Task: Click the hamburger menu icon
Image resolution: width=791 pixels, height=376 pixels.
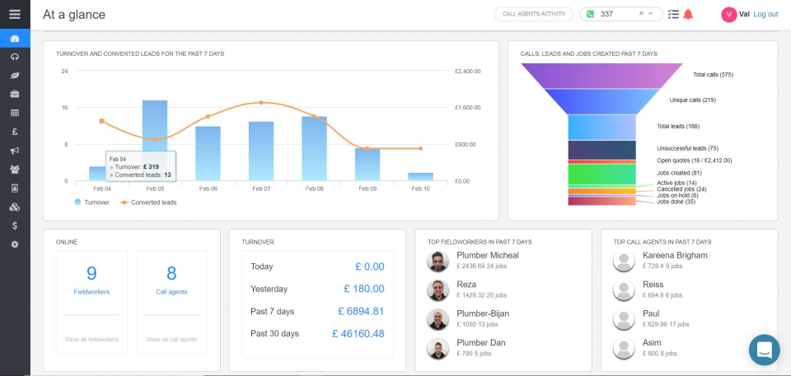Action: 14,14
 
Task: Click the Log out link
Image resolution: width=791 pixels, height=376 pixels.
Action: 765,14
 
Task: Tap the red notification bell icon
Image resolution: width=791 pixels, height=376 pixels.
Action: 688,14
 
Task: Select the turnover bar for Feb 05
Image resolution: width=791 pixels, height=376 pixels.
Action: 155,140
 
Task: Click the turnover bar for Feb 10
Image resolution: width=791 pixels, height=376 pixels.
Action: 420,176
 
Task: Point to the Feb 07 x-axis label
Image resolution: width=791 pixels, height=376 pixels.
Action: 261,188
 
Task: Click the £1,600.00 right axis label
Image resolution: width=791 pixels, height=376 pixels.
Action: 467,108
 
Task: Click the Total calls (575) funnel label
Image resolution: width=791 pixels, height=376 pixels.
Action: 713,75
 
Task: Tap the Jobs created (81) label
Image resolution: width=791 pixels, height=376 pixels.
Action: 679,173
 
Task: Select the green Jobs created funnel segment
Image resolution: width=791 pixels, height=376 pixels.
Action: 601,174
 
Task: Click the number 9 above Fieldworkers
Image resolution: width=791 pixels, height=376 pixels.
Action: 91,273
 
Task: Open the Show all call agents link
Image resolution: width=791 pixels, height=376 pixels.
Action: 171,339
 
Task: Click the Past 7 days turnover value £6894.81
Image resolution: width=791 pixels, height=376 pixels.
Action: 360,311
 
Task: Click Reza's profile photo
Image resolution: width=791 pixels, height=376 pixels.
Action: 438,290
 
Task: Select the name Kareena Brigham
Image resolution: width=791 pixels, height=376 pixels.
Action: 675,255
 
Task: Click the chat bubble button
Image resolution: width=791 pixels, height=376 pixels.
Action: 764,350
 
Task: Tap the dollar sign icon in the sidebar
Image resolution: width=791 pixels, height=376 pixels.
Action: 14,225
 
